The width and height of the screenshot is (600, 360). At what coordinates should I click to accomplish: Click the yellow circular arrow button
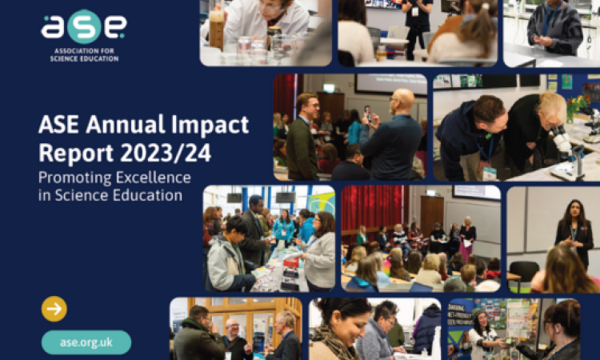54,309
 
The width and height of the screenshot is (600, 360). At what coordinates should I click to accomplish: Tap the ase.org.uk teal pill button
86,342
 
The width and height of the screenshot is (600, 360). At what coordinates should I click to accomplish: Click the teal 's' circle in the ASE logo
84,26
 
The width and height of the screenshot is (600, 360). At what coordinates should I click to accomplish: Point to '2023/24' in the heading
166,153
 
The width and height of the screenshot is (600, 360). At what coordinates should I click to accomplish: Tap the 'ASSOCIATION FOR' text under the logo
84,51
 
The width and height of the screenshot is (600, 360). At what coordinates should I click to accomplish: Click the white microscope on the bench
567,152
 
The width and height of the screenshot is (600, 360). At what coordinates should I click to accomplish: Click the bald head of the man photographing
402,99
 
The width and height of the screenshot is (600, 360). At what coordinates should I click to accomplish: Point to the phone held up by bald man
368,114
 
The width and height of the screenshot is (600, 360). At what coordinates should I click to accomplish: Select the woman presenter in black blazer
574,232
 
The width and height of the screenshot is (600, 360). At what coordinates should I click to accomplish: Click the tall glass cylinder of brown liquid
216,30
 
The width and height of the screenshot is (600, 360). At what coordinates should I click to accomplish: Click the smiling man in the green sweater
302,136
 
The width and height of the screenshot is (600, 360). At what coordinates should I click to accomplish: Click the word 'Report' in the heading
76,153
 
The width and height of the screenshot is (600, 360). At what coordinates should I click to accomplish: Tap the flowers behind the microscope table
578,106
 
